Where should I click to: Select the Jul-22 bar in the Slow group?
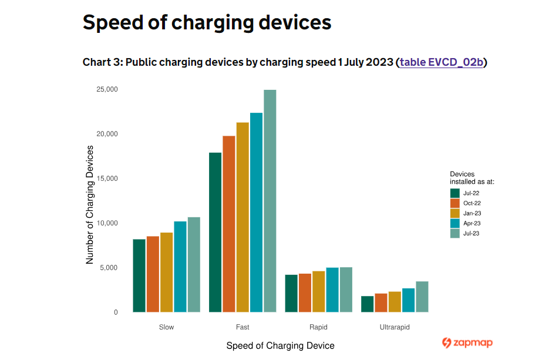139,275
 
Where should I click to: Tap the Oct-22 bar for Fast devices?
228,224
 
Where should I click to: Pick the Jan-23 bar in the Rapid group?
318,291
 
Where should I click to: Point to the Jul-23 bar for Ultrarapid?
422,297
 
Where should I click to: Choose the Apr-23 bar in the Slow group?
180,267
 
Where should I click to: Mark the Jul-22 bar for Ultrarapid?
367,304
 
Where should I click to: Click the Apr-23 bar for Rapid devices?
332,290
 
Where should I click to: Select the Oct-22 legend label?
472,203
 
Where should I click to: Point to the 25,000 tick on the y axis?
107,89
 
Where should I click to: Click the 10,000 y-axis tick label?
107,223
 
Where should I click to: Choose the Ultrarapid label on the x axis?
395,327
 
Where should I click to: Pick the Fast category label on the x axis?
243,327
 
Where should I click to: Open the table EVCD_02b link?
442,62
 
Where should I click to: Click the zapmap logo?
467,343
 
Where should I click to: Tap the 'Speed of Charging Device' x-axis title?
280,346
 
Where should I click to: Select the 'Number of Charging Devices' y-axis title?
90,205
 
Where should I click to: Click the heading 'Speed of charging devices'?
207,22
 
